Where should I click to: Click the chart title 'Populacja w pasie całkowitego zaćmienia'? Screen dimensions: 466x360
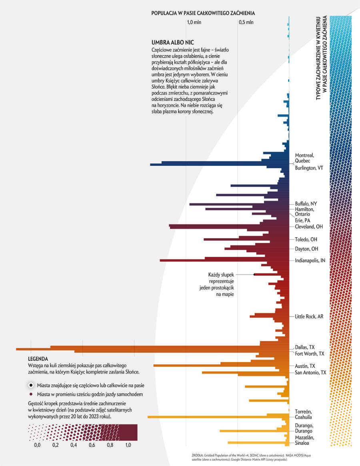(x=203, y=13)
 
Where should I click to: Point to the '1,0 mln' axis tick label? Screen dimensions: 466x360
(x=194, y=22)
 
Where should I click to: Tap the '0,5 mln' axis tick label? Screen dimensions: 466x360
(x=246, y=22)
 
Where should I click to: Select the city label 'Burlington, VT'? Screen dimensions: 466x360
(x=309, y=168)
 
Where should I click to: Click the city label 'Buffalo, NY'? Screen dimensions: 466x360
(x=306, y=203)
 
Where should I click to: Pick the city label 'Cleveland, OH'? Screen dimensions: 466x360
(x=308, y=227)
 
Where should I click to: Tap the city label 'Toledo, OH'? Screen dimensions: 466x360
(x=306, y=239)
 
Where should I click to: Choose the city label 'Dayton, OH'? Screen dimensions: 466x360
(x=306, y=249)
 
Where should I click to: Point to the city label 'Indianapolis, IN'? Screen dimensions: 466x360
(x=310, y=260)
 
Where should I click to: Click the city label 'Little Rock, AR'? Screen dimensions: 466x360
(x=309, y=317)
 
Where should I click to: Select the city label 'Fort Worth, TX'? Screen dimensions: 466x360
(x=309, y=354)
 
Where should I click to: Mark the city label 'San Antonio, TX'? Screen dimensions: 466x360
(x=310, y=373)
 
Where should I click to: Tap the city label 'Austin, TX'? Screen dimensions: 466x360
(x=305, y=366)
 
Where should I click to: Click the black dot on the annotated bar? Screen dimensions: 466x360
(x=254, y=274)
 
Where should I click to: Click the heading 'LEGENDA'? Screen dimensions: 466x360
(x=38, y=359)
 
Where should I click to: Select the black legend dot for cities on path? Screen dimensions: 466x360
(x=31, y=385)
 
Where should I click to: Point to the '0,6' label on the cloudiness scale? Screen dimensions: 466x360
(x=92, y=445)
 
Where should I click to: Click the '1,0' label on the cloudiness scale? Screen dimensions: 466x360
(x=128, y=445)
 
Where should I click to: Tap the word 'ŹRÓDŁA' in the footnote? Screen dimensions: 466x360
(x=198, y=456)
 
